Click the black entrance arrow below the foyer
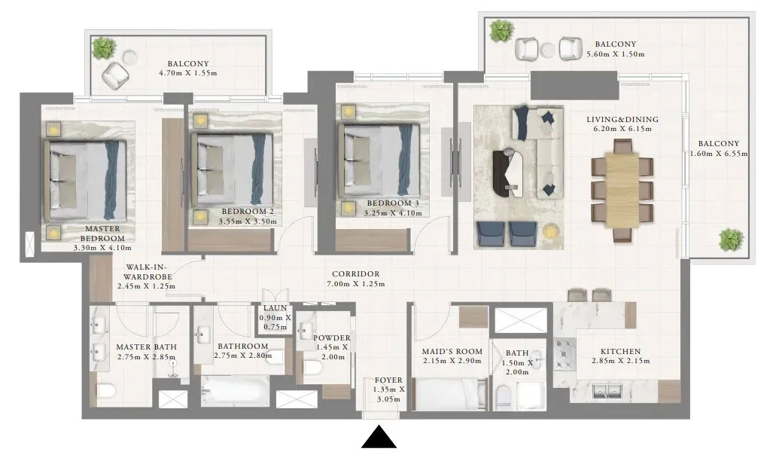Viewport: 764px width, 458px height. pyautogui.click(x=379, y=438)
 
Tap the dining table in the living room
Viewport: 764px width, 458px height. pyautogui.click(x=622, y=190)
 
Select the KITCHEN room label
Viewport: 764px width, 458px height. pyautogui.click(x=620, y=351)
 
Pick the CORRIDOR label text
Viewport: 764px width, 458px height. pyautogui.click(x=356, y=274)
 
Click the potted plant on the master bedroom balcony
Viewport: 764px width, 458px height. pyautogui.click(x=104, y=47)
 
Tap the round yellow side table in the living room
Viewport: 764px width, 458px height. pyautogui.click(x=551, y=231)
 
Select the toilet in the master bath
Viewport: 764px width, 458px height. pyautogui.click(x=105, y=391)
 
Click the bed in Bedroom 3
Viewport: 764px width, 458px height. pyautogui.click(x=379, y=160)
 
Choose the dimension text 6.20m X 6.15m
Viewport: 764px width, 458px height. pyautogui.click(x=622, y=129)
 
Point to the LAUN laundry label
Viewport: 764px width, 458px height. pyautogui.click(x=275, y=308)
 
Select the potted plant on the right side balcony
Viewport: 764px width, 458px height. pyautogui.click(x=732, y=240)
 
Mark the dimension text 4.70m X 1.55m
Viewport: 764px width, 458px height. pyautogui.click(x=187, y=73)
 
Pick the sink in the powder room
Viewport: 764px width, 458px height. pyautogui.click(x=307, y=330)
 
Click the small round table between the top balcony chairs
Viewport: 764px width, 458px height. pyautogui.click(x=548, y=50)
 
